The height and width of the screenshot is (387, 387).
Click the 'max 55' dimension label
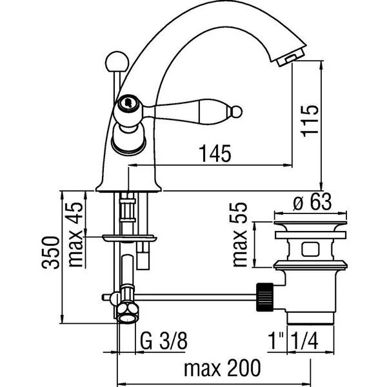coord(241,235)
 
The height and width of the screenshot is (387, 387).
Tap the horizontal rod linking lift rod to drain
coord(193,297)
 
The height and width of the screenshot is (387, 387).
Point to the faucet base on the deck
coord(129,187)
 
